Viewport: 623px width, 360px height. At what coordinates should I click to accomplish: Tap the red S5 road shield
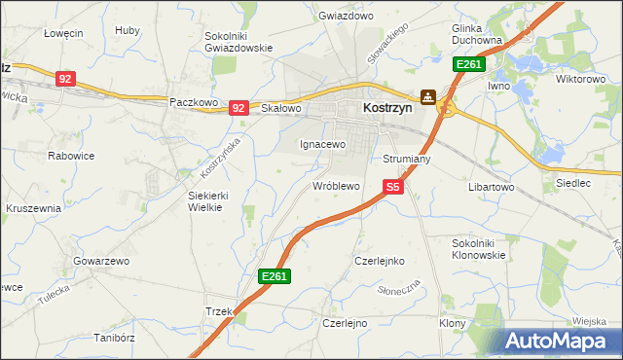click(392, 186)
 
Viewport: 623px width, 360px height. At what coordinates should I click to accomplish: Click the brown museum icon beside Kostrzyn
click(427, 97)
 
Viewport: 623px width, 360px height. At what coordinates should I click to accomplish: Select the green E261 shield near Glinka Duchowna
click(469, 64)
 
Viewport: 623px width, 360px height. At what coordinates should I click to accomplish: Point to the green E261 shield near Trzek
click(275, 277)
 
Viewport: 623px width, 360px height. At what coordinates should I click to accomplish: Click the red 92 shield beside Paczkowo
click(238, 108)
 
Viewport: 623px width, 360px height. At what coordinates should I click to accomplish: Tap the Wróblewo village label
click(336, 185)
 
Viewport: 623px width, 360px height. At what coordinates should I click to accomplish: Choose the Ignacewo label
click(321, 144)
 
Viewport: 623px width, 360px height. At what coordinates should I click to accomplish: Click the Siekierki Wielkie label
click(207, 200)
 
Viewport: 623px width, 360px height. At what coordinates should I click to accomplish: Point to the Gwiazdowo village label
click(347, 17)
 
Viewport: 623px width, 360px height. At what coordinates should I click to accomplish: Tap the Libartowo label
click(491, 186)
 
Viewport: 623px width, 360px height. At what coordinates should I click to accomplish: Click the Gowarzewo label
click(101, 262)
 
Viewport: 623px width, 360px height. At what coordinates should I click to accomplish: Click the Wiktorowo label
click(581, 79)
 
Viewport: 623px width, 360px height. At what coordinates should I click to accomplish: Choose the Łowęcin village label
click(63, 32)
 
